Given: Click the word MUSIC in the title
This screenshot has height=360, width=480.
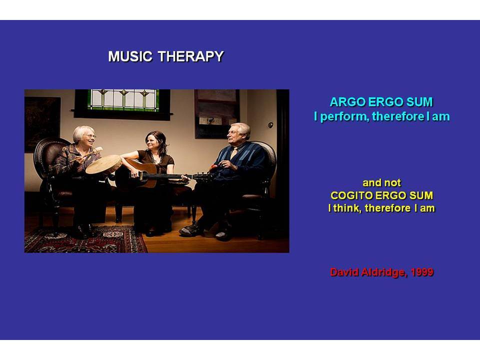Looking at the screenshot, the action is (130, 56).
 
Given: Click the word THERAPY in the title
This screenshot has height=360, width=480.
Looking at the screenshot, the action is (190, 56).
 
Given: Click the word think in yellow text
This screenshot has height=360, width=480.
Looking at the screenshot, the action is (346, 208).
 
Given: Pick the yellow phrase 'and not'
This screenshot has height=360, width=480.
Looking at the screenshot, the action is (381, 183).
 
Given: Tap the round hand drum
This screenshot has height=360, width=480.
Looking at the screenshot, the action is (104, 164).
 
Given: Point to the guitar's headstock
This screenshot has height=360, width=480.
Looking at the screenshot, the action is (201, 176).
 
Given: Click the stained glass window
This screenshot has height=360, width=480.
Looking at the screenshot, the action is (123, 99).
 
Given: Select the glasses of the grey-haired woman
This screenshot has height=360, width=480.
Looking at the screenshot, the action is (89, 135).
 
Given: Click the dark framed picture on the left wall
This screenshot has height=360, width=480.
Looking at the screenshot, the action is (42, 123).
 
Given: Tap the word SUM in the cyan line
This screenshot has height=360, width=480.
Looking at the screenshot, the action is (419, 102).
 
